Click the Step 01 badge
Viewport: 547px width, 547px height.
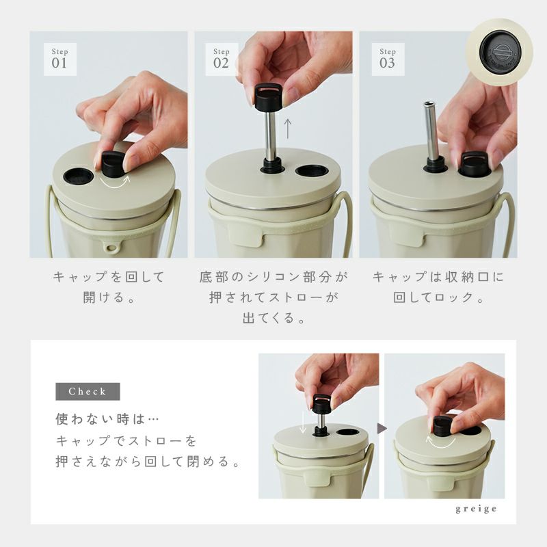click(60, 59)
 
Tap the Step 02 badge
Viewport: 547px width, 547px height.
click(222, 59)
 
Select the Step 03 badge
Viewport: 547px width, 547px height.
click(388, 59)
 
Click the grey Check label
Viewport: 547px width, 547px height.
click(88, 391)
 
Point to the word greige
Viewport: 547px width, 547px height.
click(476, 509)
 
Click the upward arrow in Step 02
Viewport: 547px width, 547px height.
click(287, 129)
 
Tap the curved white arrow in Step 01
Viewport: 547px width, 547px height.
click(115, 183)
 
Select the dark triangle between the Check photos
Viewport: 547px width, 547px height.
click(382, 429)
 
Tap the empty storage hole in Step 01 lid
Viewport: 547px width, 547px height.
click(78, 176)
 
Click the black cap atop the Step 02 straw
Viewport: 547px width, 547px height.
click(268, 97)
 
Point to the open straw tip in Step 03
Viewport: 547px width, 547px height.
click(429, 104)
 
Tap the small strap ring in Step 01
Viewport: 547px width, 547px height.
click(111, 248)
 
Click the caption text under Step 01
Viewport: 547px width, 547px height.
click(109, 286)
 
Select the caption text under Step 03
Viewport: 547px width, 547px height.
click(438, 286)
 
